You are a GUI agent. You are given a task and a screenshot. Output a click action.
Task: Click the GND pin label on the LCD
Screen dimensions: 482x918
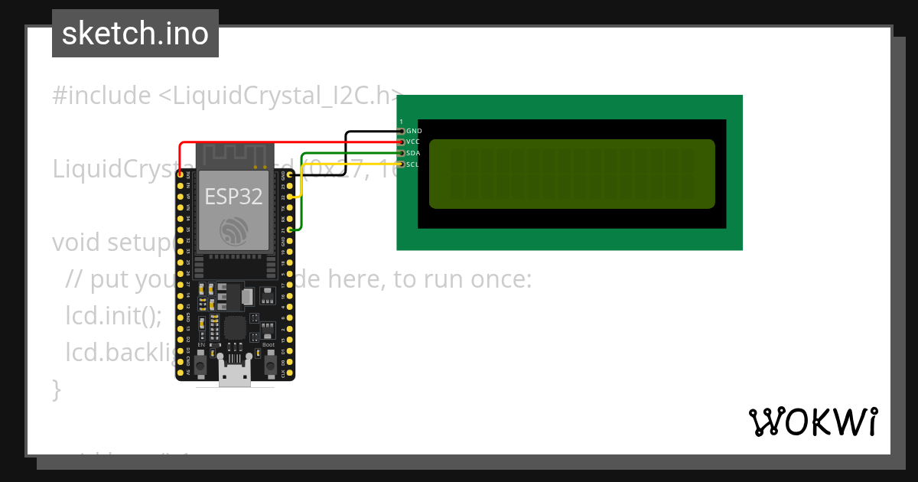pyautogui.click(x=414, y=131)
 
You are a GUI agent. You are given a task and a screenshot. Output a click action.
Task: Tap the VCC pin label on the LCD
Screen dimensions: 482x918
pyautogui.click(x=413, y=142)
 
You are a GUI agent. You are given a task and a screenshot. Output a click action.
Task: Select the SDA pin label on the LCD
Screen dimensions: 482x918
pyautogui.click(x=413, y=153)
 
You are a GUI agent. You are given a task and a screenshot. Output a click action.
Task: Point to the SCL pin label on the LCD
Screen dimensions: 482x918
pyautogui.click(x=413, y=164)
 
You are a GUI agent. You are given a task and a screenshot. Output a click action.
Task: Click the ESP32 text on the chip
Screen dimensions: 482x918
pyautogui.click(x=234, y=197)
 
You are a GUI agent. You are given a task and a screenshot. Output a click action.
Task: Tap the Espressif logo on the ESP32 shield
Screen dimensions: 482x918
pyautogui.click(x=234, y=230)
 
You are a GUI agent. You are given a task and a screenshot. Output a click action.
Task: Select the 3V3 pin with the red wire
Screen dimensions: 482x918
pyautogui.click(x=181, y=174)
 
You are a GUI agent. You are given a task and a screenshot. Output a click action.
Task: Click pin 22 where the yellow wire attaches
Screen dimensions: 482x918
pyautogui.click(x=290, y=197)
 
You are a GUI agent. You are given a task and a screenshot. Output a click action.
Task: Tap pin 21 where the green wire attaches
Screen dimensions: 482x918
pyautogui.click(x=290, y=230)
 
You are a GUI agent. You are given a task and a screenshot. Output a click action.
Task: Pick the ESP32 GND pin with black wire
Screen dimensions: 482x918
pyautogui.click(x=290, y=174)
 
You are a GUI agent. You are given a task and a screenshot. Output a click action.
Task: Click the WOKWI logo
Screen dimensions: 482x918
pyautogui.click(x=813, y=422)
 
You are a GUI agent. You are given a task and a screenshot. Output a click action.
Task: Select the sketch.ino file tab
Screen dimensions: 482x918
pyautogui.click(x=135, y=34)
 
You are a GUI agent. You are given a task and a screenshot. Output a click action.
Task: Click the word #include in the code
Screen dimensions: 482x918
pyautogui.click(x=102, y=96)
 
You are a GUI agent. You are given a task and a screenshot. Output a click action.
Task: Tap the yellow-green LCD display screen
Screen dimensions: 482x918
pyautogui.click(x=571, y=174)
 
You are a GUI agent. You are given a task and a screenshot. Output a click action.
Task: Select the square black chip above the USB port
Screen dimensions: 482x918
pyautogui.click(x=235, y=329)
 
